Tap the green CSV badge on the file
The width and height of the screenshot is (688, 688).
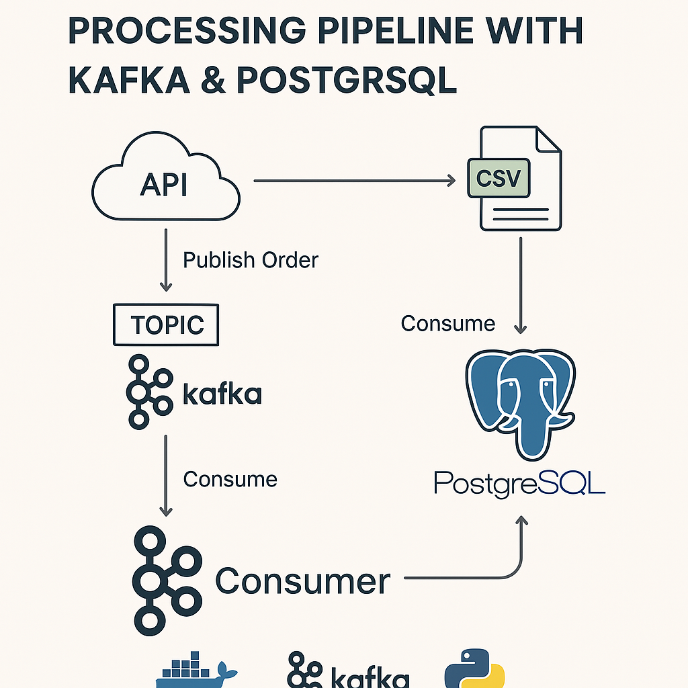point(499,178)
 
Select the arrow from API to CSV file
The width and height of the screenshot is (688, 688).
point(355,180)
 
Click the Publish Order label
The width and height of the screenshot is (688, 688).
point(251,260)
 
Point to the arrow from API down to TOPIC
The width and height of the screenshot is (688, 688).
point(166,260)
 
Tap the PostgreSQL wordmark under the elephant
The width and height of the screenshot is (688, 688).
point(519,484)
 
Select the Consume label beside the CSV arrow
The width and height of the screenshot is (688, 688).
point(448,324)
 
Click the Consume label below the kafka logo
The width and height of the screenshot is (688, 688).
point(230,479)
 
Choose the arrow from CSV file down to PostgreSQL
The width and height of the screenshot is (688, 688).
point(521,285)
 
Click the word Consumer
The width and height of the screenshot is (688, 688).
point(303,581)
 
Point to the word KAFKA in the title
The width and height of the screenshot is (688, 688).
point(129,81)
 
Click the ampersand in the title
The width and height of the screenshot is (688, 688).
point(214,81)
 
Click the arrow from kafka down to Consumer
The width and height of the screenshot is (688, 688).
point(165,476)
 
